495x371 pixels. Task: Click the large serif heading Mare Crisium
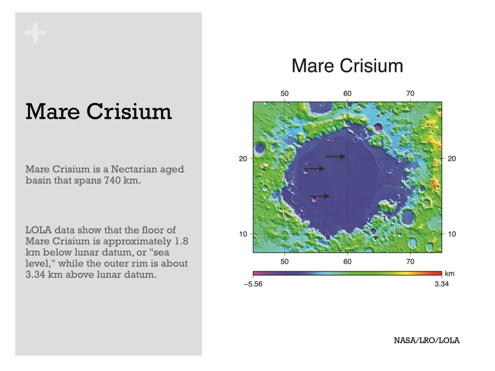[x=99, y=111]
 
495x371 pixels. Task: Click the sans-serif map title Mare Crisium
[x=347, y=66]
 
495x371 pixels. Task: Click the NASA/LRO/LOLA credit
[x=426, y=341]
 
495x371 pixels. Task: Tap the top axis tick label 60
[x=347, y=94]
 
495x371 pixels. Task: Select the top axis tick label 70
[x=410, y=94]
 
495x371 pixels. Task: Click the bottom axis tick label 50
[x=284, y=261]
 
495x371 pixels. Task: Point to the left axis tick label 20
[x=243, y=158]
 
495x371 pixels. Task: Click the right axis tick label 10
[x=451, y=234]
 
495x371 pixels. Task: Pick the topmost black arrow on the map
[x=335, y=157]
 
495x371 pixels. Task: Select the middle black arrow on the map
[x=315, y=169]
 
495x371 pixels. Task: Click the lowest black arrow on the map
[x=320, y=196]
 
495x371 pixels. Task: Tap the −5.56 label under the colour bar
[x=253, y=284]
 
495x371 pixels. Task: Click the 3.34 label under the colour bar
[x=441, y=284]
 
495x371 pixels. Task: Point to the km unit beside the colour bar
[x=449, y=273]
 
